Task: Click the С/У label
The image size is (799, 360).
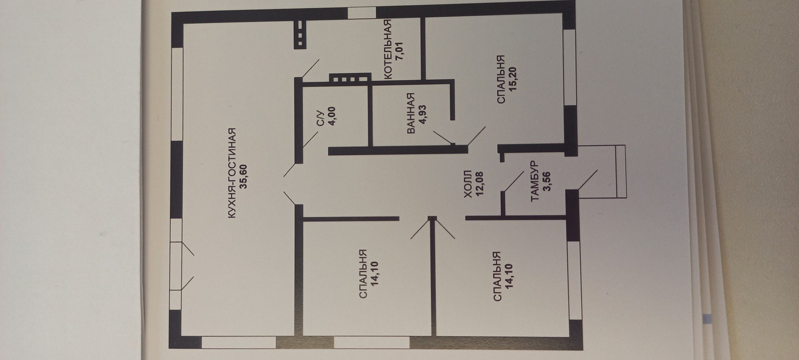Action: [x=320, y=117]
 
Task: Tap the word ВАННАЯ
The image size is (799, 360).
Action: [x=411, y=114]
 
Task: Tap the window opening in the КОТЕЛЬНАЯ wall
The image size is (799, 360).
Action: [x=362, y=13]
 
